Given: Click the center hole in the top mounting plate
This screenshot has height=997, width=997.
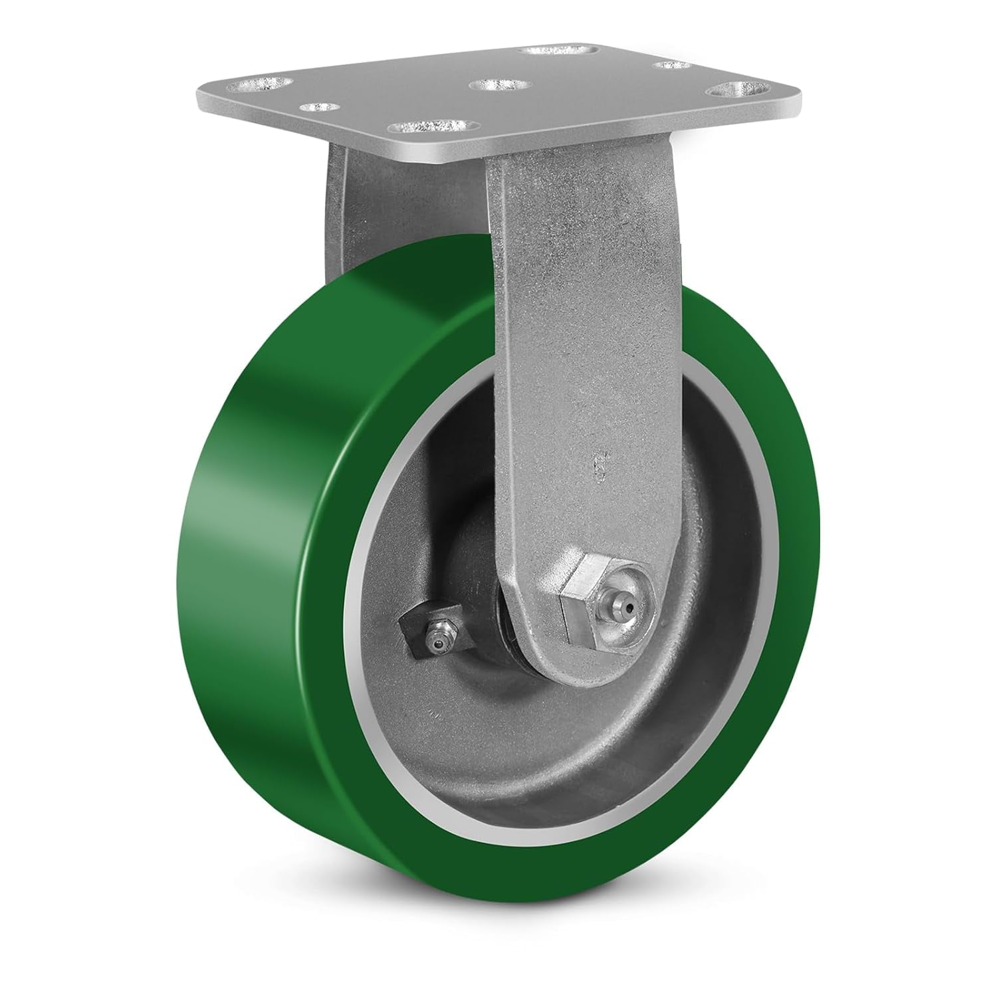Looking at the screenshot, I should coord(498,86).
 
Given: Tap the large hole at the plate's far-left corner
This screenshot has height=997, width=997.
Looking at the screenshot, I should coord(259,84).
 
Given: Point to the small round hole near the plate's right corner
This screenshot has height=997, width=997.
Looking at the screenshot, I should coord(672,65).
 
